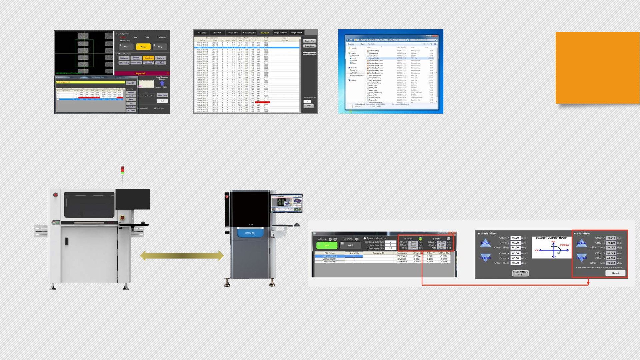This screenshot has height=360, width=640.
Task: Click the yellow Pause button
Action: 143,47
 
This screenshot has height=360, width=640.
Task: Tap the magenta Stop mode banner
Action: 140,73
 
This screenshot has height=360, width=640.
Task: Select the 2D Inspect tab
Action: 265,33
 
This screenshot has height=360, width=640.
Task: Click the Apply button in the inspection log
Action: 308,106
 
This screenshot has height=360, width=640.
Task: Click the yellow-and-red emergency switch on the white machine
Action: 122,218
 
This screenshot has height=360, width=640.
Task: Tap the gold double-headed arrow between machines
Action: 182,256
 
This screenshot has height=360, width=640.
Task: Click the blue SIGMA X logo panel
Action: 250,233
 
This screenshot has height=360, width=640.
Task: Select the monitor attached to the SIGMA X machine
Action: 286,203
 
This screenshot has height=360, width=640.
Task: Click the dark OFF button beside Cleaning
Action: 350,245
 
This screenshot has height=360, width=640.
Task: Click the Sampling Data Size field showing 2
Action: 390,242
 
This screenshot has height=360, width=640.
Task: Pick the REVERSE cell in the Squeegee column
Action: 402,259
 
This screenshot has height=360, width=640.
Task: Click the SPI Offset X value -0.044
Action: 611,238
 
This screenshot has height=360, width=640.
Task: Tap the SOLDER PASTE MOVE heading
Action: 551,238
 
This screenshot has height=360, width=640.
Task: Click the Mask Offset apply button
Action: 520,273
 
